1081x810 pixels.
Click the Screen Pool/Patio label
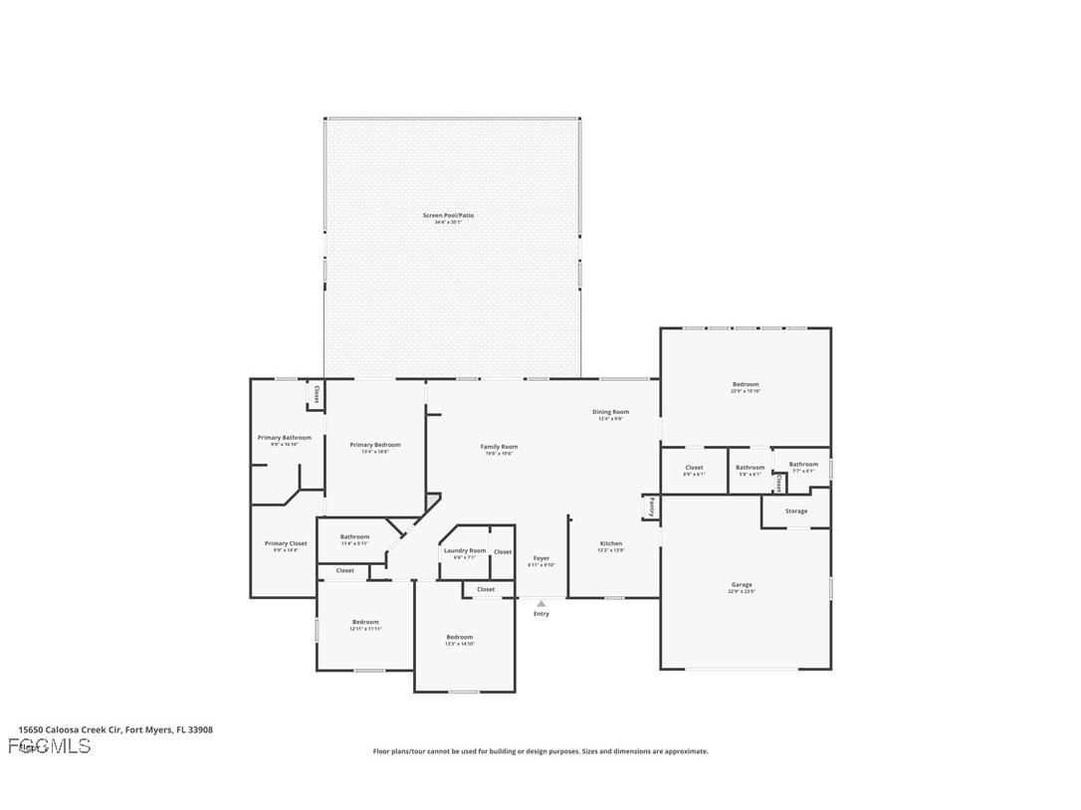point(447,216)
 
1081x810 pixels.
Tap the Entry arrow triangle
point(541,603)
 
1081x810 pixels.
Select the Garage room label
point(742,585)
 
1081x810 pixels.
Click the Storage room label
point(796,511)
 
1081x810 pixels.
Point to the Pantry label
point(651,506)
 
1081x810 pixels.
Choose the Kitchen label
point(611,544)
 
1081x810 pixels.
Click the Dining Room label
point(610,412)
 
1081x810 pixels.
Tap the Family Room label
point(500,448)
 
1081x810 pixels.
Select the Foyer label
point(541,559)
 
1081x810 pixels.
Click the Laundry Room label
point(465,551)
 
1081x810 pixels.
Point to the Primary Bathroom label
point(285,438)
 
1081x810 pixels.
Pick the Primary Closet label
point(286,544)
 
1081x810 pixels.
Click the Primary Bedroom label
point(375,446)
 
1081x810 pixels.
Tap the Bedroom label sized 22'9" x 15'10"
point(746,385)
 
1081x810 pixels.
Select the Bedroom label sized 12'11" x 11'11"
point(365,623)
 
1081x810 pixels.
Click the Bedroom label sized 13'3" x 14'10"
point(459,638)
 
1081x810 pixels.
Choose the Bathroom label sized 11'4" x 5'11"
point(354,537)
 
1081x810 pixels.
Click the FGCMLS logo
point(50,746)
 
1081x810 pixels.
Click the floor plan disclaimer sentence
point(540,751)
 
